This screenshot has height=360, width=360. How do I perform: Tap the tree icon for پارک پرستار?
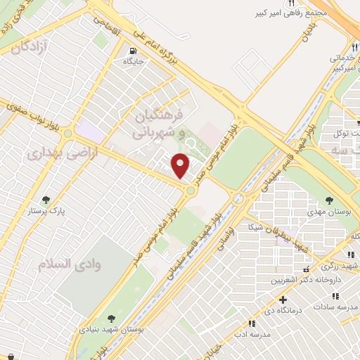pyautogui.click(x=46, y=200)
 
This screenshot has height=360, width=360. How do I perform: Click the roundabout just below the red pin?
pyautogui.click(x=191, y=191)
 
